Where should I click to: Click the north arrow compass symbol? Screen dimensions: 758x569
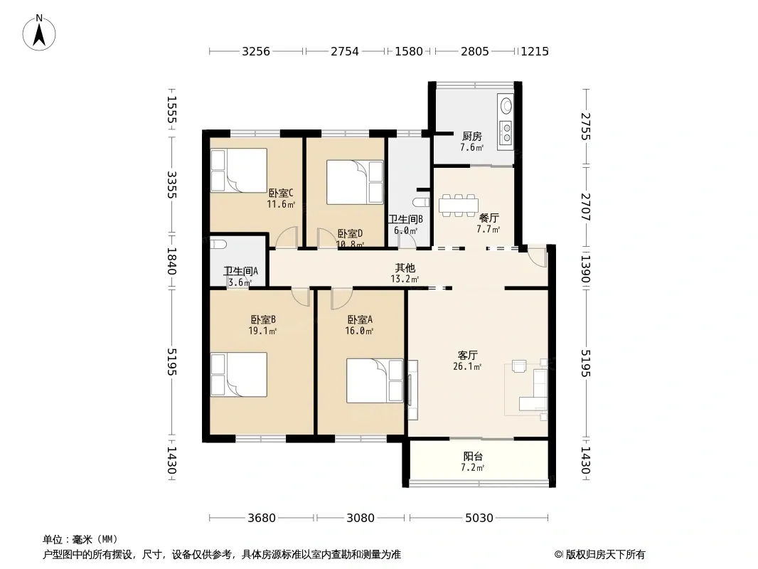[x=39, y=33]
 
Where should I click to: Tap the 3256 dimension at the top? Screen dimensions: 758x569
[x=256, y=51]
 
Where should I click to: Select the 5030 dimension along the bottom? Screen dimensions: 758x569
[x=479, y=519]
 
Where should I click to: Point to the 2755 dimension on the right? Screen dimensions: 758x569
[x=586, y=126]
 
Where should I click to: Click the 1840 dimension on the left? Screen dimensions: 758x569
[x=171, y=261]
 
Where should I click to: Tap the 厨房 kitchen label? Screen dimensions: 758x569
[x=472, y=137]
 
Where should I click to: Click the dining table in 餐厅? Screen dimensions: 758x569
[x=458, y=206]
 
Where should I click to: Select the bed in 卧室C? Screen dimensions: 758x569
[x=239, y=171]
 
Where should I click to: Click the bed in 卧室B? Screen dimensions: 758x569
[x=239, y=375]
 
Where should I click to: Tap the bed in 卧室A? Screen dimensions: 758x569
[x=375, y=381]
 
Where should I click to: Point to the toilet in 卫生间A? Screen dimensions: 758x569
[x=218, y=244]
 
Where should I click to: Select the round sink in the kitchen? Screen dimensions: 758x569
[x=506, y=105]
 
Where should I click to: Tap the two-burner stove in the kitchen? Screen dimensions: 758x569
[x=506, y=132]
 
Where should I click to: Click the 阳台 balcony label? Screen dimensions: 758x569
[x=473, y=457]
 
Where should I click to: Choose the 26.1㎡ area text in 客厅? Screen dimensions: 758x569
[x=467, y=366]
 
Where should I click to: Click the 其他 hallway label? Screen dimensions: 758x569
[x=405, y=268]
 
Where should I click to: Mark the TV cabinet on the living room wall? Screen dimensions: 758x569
[x=413, y=390]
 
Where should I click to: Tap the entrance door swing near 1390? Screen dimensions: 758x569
[x=538, y=256]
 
